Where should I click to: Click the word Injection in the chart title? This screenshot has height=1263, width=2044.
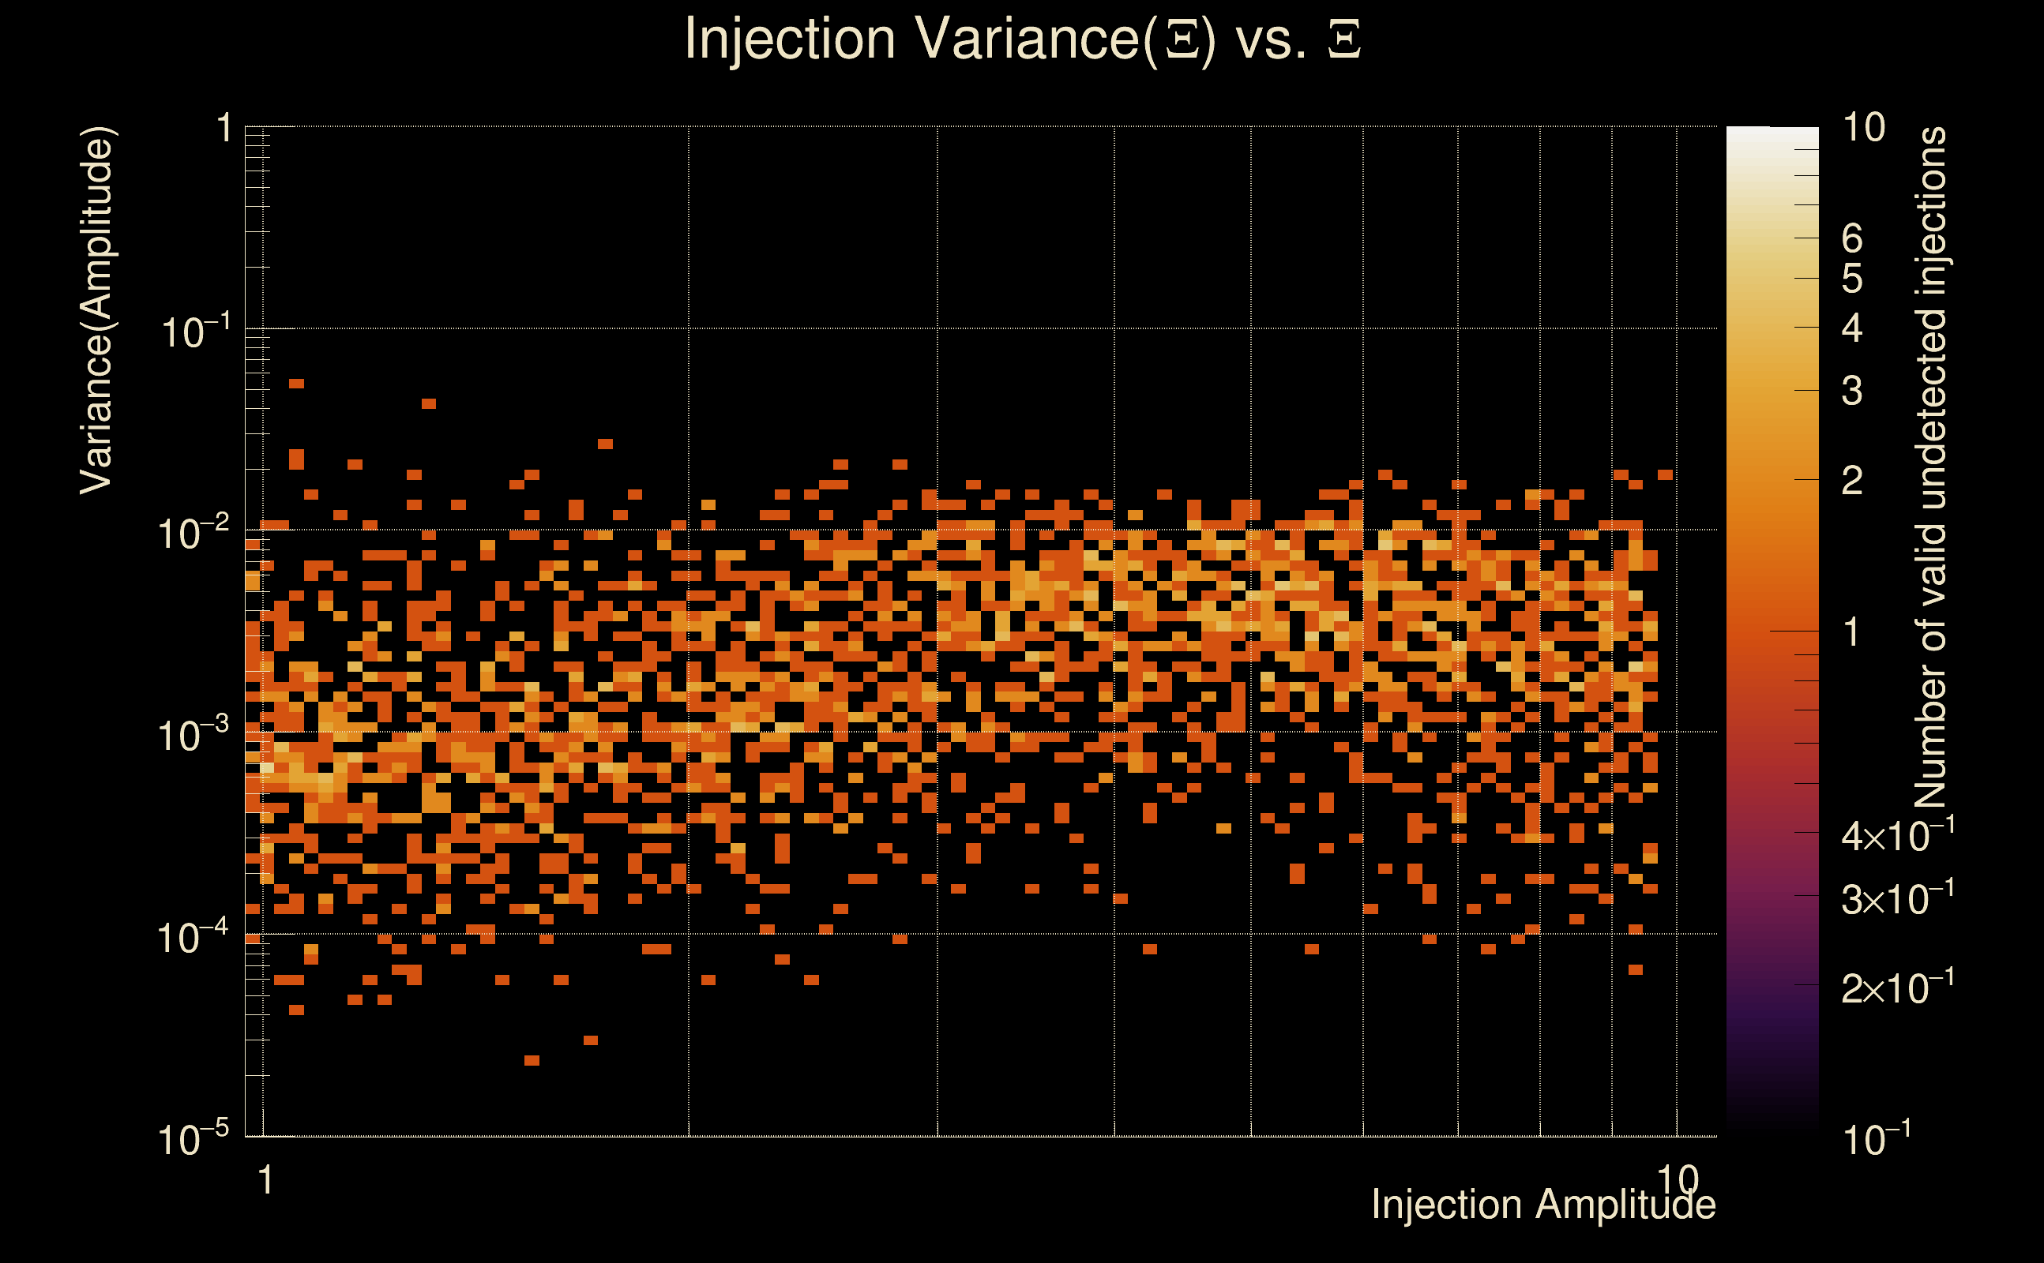tap(790, 40)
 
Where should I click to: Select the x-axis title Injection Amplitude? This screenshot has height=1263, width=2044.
tap(1542, 1205)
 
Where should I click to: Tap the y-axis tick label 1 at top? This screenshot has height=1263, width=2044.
tap(224, 129)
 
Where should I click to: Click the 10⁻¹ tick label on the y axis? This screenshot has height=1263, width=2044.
tap(194, 332)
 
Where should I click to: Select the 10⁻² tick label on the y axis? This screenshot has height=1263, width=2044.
tap(194, 533)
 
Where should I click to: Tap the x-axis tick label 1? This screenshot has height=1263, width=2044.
tap(265, 1180)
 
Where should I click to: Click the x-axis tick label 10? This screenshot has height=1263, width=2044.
tap(1678, 1180)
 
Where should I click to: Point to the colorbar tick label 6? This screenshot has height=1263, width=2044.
tap(1853, 239)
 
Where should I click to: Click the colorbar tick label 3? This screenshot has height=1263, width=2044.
tap(1853, 391)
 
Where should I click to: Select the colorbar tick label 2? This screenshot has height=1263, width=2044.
tap(1853, 480)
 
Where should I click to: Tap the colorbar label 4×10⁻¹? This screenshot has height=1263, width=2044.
tap(1898, 834)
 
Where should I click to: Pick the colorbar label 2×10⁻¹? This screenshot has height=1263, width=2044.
tap(1898, 988)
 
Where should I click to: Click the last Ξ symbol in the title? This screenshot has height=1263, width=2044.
tap(1344, 39)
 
